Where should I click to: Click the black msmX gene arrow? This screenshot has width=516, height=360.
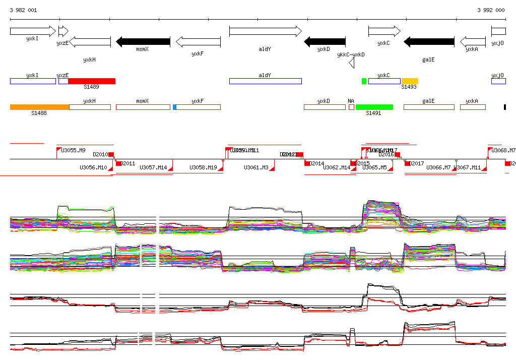click(x=143, y=41)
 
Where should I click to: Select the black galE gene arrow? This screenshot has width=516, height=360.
click(x=429, y=41)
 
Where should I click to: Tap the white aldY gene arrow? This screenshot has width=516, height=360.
click(x=265, y=31)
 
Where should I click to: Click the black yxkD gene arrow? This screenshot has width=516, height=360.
click(x=325, y=41)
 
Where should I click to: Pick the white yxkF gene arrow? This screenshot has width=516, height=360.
click(x=198, y=41)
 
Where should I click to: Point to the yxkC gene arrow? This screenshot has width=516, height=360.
click(x=384, y=31)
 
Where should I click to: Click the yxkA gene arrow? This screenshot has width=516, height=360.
click(x=472, y=41)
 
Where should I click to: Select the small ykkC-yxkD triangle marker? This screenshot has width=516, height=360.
click(x=352, y=63)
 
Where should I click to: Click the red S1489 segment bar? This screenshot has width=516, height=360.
click(x=92, y=81)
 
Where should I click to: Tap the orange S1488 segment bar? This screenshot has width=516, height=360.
click(x=39, y=107)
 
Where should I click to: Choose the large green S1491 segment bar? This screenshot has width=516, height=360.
click(x=374, y=107)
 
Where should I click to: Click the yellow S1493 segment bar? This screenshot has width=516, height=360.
click(x=410, y=81)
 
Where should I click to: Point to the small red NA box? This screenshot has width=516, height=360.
click(x=351, y=107)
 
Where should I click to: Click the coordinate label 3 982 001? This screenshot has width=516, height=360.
click(x=23, y=10)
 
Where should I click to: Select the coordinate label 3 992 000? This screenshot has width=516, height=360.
click(x=491, y=10)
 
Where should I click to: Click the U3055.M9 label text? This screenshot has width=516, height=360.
click(x=73, y=150)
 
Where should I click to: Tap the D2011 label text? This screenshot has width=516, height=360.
click(x=128, y=163)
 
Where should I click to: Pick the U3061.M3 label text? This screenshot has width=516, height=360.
click(x=256, y=167)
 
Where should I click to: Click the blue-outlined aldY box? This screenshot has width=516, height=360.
click(x=265, y=81)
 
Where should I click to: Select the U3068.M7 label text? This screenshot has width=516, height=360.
click(x=503, y=150)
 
